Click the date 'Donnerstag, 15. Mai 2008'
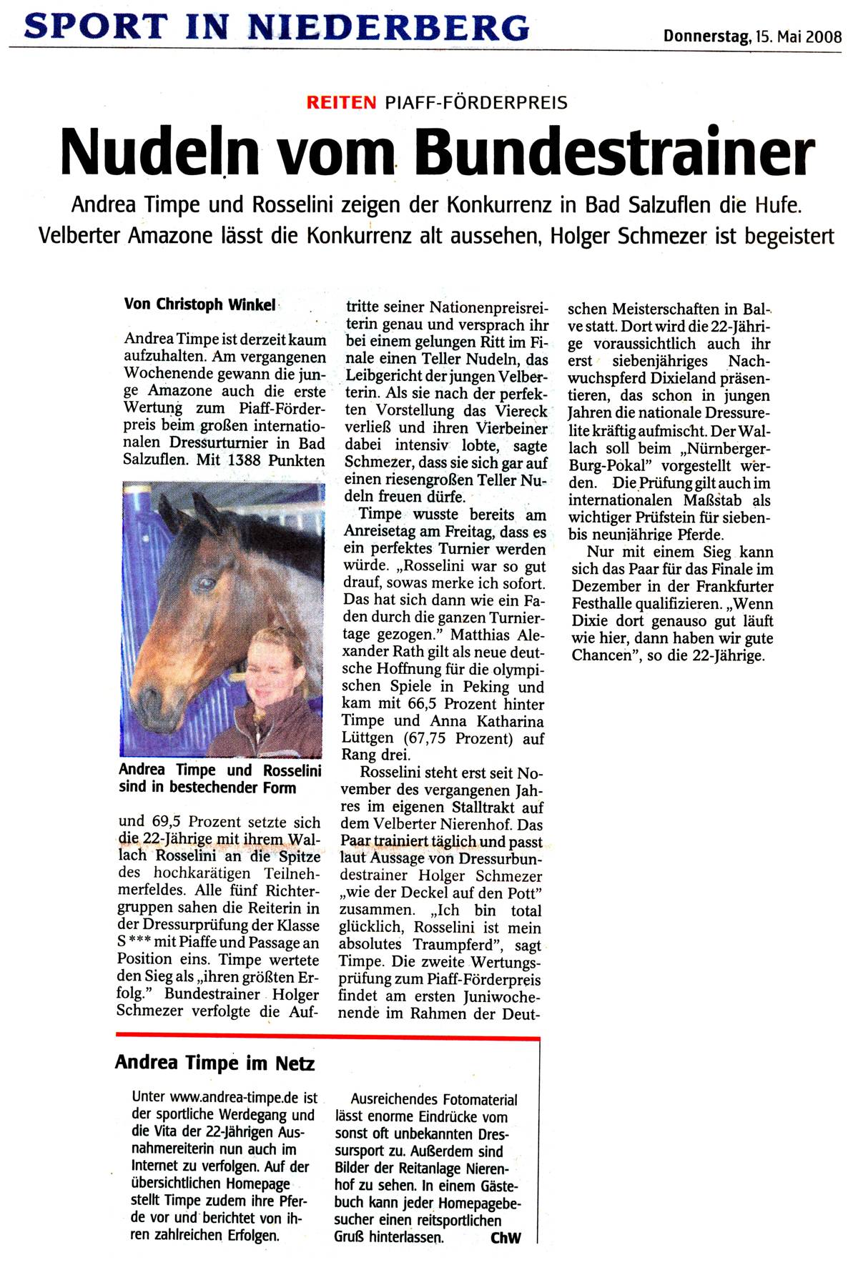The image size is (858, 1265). click(752, 36)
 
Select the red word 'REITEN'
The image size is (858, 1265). click(341, 102)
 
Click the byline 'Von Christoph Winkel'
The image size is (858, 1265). click(199, 304)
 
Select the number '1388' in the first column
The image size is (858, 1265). click(245, 460)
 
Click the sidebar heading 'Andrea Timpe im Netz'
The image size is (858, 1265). click(214, 1063)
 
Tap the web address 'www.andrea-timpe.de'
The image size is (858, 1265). click(235, 1097)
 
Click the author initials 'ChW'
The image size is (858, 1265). click(506, 1237)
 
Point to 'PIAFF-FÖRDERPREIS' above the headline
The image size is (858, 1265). click(476, 103)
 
